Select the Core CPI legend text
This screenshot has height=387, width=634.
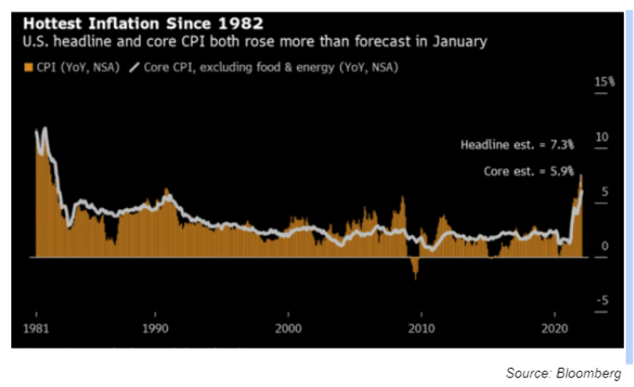pyautogui.click(x=270, y=67)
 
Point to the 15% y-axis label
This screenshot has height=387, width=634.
pyautogui.click(x=606, y=82)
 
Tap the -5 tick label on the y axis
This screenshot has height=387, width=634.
pyautogui.click(x=603, y=301)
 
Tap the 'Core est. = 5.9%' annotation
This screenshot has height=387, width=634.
pyautogui.click(x=529, y=171)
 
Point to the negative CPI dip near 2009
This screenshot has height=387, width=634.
pyautogui.click(x=414, y=271)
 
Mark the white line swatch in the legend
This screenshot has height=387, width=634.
pyautogui.click(x=133, y=67)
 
